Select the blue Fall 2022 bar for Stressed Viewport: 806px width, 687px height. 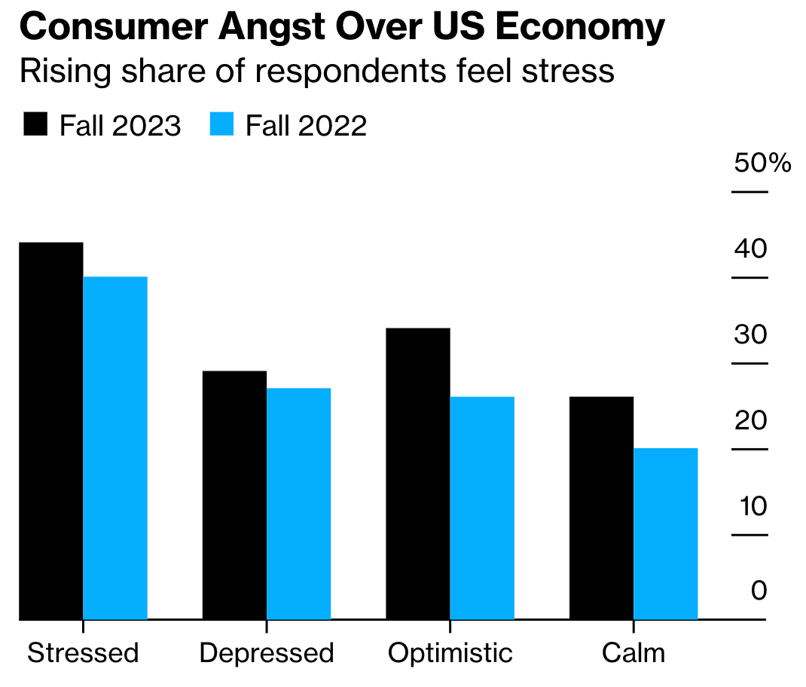coord(115,448)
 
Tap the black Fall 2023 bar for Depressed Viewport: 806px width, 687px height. coord(234,495)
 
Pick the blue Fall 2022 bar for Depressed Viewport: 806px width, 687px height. coord(299,504)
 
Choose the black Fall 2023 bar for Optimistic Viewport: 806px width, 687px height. coord(418,474)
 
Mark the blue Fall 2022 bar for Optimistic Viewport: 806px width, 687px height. coord(482,508)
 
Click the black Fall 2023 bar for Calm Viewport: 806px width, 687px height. coord(601,508)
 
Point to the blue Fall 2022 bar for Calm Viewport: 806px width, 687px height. coord(666,534)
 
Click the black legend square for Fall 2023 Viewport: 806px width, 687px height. coord(35,124)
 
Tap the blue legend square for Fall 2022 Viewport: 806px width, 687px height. coord(221,124)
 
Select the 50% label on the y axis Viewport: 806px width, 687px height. coord(762,162)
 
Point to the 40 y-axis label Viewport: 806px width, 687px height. coord(750,248)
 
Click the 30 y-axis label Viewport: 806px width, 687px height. coord(750,334)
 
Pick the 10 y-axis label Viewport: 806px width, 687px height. coord(750,505)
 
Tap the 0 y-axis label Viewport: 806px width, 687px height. coord(759,591)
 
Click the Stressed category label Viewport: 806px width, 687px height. coord(83,652)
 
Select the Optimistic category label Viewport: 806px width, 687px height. coord(450,652)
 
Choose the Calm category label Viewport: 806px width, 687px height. coord(634,652)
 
